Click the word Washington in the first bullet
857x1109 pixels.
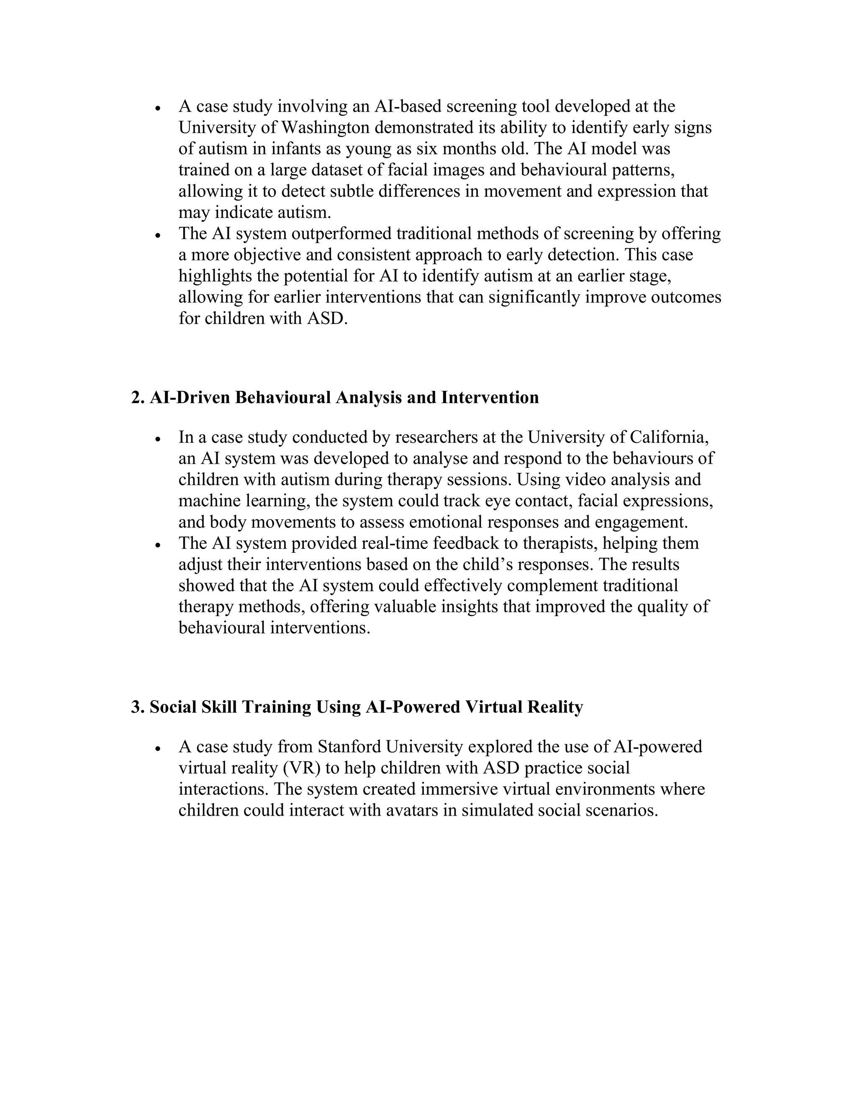[x=325, y=128]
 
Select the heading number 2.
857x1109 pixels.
[x=136, y=397]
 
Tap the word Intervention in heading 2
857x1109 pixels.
[x=490, y=397]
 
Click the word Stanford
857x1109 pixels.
[x=349, y=747]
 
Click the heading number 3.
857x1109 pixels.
[x=136, y=707]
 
